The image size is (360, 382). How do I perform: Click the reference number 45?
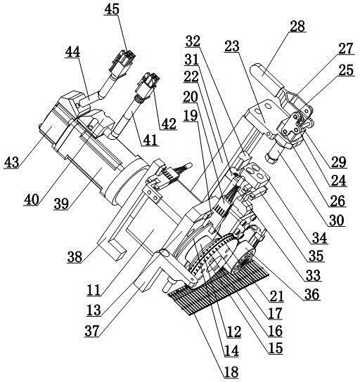(x=112, y=9)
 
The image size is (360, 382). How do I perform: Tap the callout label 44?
(x=72, y=52)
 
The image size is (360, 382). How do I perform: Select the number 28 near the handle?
(x=297, y=26)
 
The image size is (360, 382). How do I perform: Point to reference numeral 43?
(x=11, y=162)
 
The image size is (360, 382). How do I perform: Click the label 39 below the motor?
(x=61, y=204)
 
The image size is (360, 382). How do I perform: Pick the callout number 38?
(x=75, y=257)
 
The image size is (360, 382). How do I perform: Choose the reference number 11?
(x=94, y=291)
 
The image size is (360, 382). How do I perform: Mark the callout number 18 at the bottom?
(x=231, y=372)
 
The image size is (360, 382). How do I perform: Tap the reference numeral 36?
(x=312, y=294)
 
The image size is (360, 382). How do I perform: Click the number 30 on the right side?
(x=337, y=220)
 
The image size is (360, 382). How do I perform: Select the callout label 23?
(x=232, y=46)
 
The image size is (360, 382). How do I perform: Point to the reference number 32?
(x=193, y=41)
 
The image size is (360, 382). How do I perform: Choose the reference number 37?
(x=92, y=331)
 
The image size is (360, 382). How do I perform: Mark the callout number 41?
(x=150, y=140)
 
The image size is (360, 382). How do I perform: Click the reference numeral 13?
(x=94, y=310)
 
